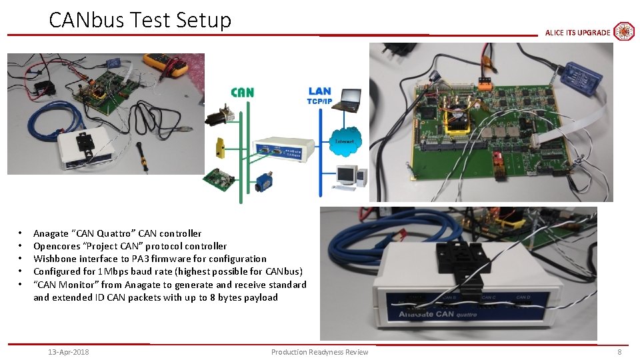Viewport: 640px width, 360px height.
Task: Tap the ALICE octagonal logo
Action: click(x=623, y=31)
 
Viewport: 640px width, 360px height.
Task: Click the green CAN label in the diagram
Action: click(x=242, y=92)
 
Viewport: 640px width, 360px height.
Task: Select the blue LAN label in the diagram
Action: click(x=320, y=91)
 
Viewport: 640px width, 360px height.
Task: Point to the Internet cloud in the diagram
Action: click(x=345, y=141)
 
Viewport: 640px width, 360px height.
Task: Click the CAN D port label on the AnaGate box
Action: click(x=524, y=297)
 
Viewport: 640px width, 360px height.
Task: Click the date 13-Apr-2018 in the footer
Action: click(x=69, y=352)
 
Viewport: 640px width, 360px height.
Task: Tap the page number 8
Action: click(x=619, y=352)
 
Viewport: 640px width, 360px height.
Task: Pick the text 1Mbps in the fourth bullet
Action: click(x=110, y=271)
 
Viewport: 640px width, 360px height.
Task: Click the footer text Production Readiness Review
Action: click(x=319, y=352)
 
